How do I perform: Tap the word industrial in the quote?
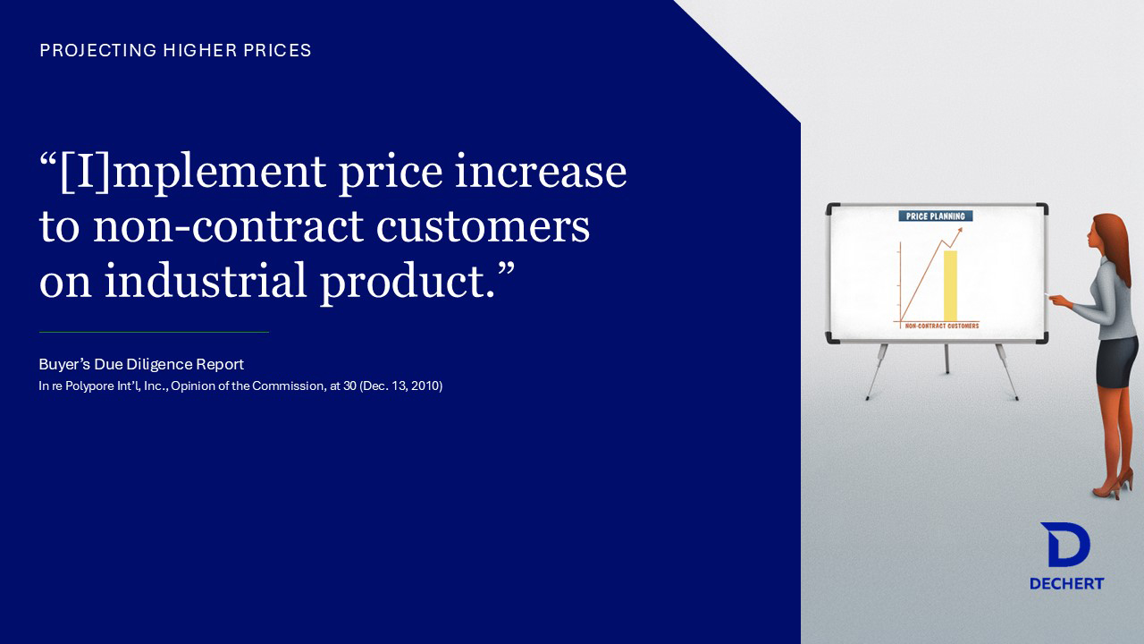(x=206, y=280)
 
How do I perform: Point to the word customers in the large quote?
(x=484, y=226)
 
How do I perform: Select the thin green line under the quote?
(x=154, y=332)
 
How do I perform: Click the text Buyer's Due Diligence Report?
(x=141, y=364)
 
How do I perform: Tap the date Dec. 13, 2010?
(x=401, y=386)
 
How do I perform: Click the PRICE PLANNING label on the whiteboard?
(x=936, y=216)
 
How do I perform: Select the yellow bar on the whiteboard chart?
(x=950, y=285)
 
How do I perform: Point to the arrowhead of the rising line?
(x=960, y=231)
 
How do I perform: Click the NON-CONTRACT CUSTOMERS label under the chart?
(x=942, y=326)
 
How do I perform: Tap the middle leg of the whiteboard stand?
(x=946, y=359)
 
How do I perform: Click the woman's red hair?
(x=1114, y=245)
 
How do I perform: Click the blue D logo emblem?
(x=1066, y=545)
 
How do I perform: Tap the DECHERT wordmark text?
(x=1067, y=584)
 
